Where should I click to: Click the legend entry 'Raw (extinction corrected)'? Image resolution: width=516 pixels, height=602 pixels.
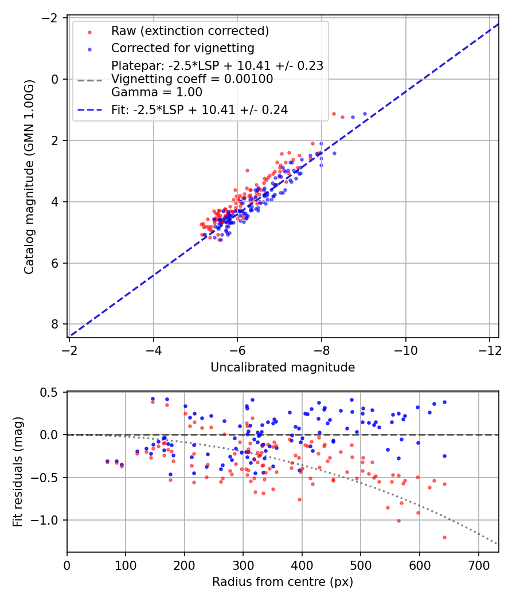190,30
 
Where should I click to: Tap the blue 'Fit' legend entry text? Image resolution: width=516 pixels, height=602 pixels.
200,110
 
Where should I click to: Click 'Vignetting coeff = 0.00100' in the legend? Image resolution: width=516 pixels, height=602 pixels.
192,79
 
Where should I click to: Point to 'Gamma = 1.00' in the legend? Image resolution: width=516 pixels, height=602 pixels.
157,92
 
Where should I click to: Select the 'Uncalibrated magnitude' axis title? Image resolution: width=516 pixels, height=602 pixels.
283,368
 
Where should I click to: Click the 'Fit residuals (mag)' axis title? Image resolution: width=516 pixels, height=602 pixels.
18,472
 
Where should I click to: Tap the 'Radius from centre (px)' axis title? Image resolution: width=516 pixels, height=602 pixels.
283,582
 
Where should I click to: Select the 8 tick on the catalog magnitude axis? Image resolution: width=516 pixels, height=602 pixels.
56,325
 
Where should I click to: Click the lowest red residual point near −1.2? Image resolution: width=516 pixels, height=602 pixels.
444,537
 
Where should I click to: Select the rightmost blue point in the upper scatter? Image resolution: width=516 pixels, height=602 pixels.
365,114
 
